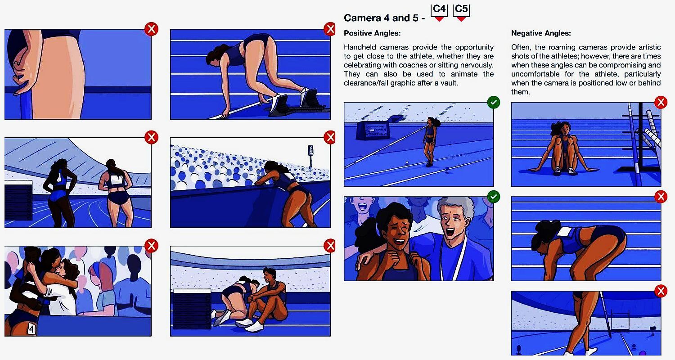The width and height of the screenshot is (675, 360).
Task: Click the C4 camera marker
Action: coord(439,12)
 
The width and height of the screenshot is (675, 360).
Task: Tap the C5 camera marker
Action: coord(461,12)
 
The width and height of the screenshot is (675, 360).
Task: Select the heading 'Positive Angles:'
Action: coord(372,33)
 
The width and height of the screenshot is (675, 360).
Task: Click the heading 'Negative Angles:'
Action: coord(541,33)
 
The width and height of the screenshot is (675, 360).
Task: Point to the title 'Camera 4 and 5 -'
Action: coord(384,18)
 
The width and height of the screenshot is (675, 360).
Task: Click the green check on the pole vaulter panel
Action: coord(493,103)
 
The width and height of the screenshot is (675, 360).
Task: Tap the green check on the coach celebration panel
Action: coord(493,197)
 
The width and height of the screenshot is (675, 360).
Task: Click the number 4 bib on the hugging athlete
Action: coord(31,329)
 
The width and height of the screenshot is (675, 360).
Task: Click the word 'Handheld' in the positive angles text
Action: coord(360,47)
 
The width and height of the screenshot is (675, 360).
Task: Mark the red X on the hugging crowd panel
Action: coord(151,246)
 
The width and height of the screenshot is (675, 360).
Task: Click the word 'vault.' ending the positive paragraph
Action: coord(450,83)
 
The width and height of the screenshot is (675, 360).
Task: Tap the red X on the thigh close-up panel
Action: coord(151,29)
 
